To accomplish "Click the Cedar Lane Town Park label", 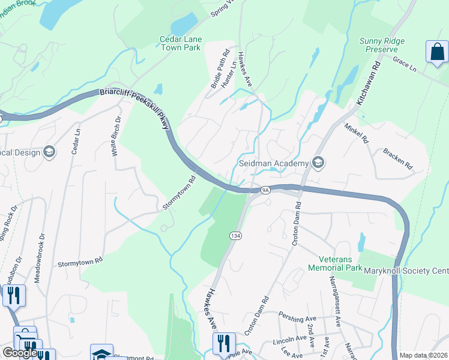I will [x=181, y=43].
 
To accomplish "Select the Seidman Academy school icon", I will [x=318, y=163].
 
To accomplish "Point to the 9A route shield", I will [x=266, y=190].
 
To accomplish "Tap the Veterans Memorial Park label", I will [x=337, y=263].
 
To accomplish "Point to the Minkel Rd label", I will [x=356, y=133].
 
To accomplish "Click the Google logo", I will [x=20, y=353].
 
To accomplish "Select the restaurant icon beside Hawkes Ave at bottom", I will [x=223, y=344].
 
